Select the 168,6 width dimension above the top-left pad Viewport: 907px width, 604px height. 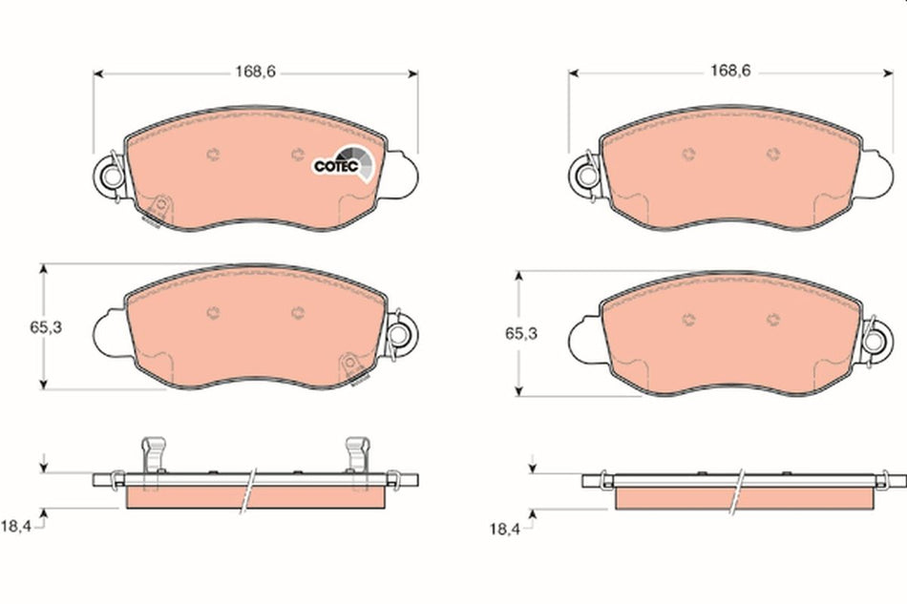coord(256,71)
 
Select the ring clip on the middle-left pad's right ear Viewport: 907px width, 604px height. coord(400,334)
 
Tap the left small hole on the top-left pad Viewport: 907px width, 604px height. coord(212,155)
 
